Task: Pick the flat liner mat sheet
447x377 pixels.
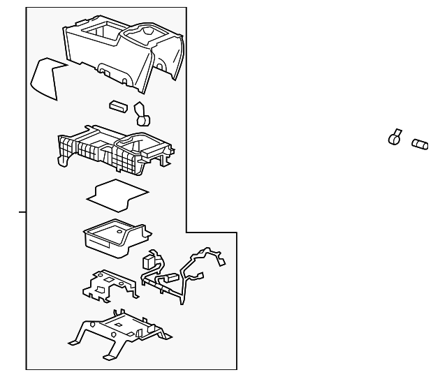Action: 117,194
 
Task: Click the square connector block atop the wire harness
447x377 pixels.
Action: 148,263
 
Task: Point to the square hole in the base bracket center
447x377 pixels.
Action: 119,325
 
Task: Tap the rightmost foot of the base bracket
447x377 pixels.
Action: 166,339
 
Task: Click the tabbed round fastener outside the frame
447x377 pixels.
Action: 395,137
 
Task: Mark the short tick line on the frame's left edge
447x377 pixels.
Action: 22,211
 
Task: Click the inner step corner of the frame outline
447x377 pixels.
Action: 186,232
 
